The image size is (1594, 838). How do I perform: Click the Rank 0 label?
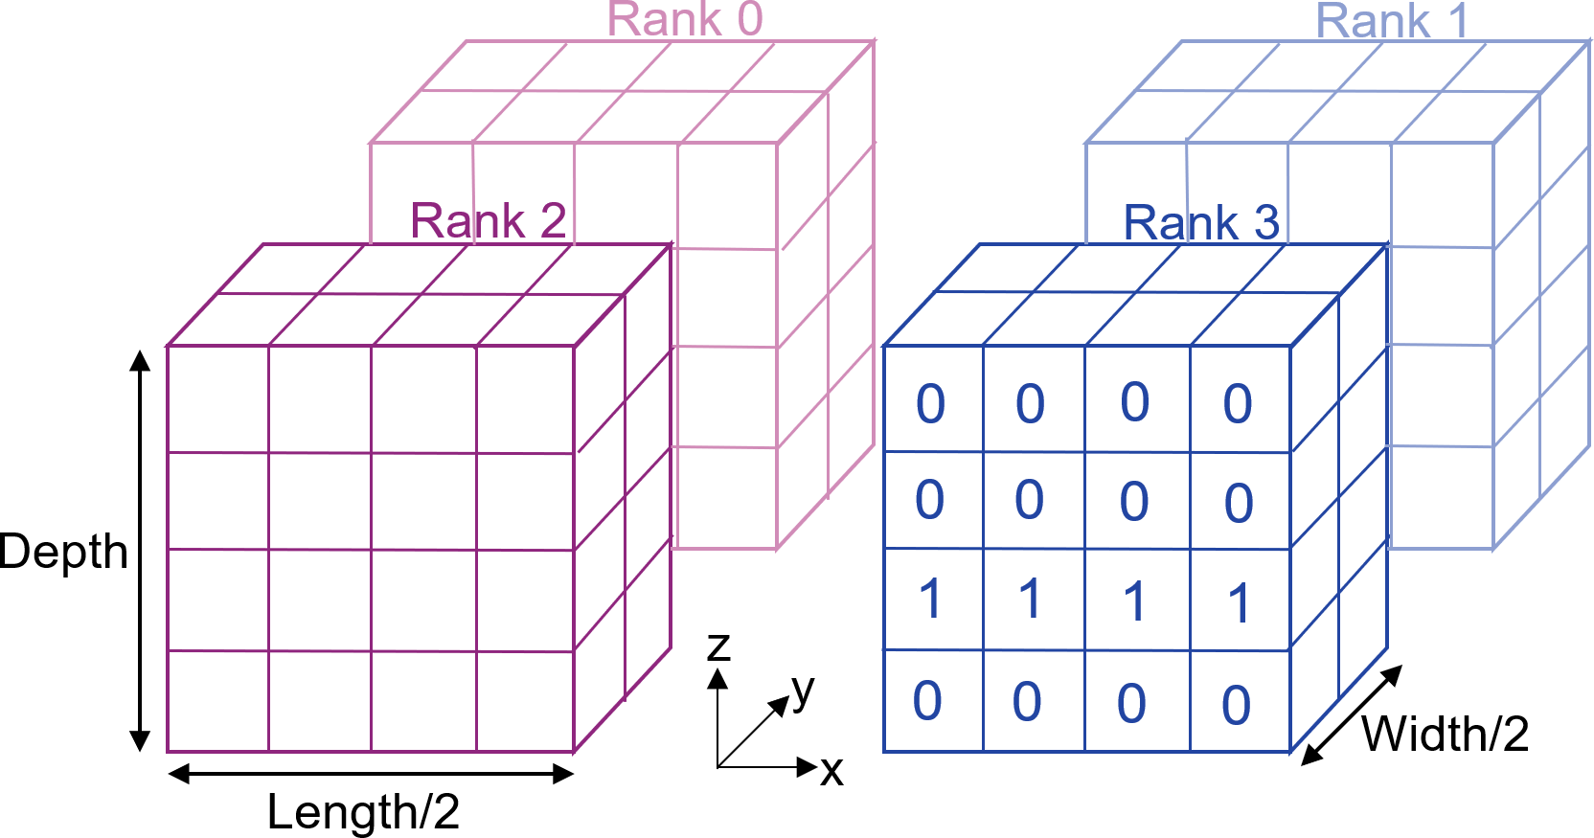[x=685, y=19]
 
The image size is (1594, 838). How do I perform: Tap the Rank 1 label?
[x=1392, y=21]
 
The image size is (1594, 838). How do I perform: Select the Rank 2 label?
[x=488, y=221]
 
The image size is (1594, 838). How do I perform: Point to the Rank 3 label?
[x=1201, y=223]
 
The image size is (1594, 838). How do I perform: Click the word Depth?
[x=63, y=553]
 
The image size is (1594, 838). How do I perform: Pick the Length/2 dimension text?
[x=363, y=812]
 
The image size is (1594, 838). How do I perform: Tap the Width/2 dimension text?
[x=1445, y=735]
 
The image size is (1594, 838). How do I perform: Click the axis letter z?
[x=718, y=646]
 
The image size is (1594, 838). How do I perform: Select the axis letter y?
[x=803, y=689]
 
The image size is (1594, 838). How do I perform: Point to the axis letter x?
[x=831, y=771]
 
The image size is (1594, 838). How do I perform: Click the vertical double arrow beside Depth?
[x=140, y=551]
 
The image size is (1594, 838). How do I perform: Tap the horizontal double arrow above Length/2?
[x=371, y=774]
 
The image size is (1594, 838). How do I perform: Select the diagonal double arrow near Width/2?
[x=1352, y=714]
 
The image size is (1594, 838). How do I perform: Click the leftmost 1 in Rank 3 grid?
[x=930, y=600]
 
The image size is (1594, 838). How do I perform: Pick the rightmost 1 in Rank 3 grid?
[x=1239, y=603]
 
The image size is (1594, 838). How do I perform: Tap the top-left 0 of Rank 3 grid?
[x=930, y=404]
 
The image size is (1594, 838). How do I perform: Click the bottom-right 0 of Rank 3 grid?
[x=1237, y=706]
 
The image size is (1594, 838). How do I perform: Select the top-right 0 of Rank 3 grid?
[x=1238, y=404]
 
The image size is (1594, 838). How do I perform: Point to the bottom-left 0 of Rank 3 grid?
[x=927, y=701]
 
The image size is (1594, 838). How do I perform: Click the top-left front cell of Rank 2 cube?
[x=217, y=398]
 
